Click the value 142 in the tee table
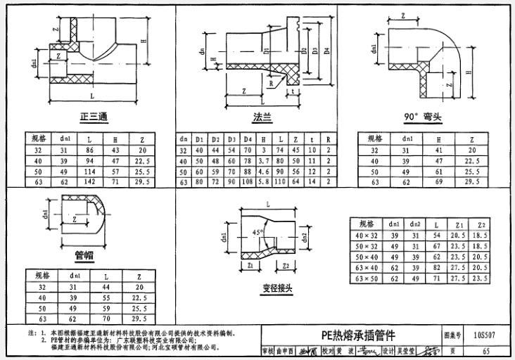(89, 182)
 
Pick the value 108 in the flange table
(248, 182)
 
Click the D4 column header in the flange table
(248, 139)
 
